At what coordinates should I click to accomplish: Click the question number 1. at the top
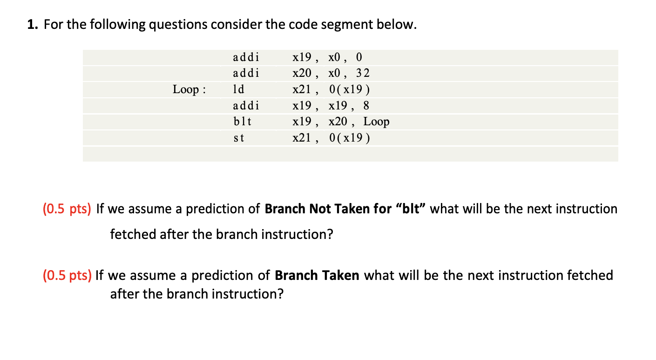[x=33, y=24]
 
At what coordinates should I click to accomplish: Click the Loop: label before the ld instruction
[x=189, y=89]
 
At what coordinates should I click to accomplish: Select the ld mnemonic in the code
[x=238, y=89]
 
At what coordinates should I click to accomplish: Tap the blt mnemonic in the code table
[x=242, y=121]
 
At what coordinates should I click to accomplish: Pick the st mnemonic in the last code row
[x=239, y=138]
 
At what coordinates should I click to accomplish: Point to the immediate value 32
[x=363, y=73]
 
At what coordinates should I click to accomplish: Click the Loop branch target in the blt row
[x=376, y=122]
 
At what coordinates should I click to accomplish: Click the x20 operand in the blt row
[x=338, y=121]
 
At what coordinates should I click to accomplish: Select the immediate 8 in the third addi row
[x=366, y=105]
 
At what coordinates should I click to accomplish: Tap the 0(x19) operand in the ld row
[x=349, y=89]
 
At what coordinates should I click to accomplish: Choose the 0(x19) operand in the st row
[x=349, y=138]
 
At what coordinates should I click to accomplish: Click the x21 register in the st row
[x=302, y=138]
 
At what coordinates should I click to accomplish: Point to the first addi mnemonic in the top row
[x=246, y=57]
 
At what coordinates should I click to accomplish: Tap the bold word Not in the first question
[x=320, y=209]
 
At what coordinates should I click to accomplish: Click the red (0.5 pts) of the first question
[x=67, y=209]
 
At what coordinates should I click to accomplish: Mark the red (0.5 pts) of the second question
[x=67, y=275]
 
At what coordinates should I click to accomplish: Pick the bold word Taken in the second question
[x=341, y=275]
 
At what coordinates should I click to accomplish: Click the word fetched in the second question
[x=590, y=275]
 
